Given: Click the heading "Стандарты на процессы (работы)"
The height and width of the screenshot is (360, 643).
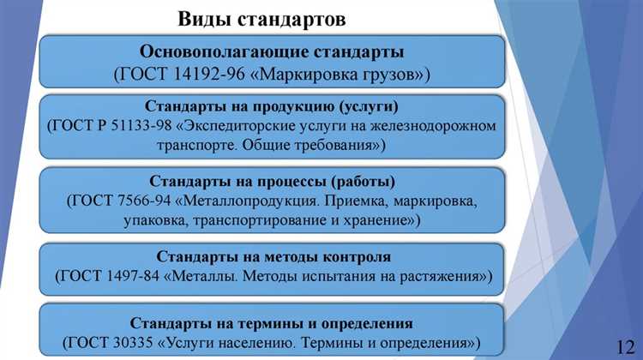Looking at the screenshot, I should click(272, 182).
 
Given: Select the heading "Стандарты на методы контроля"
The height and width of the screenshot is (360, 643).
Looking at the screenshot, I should click(274, 256).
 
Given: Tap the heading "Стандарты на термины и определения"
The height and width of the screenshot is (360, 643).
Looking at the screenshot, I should click(272, 323).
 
